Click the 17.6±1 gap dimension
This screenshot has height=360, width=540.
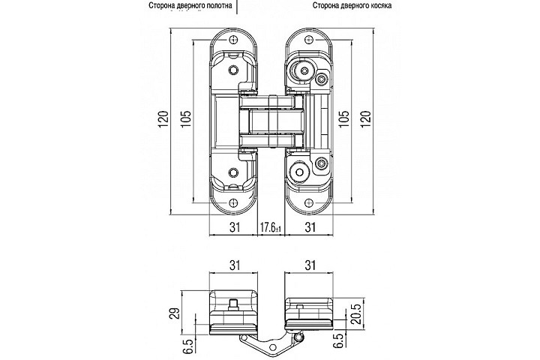[x=270, y=227]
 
